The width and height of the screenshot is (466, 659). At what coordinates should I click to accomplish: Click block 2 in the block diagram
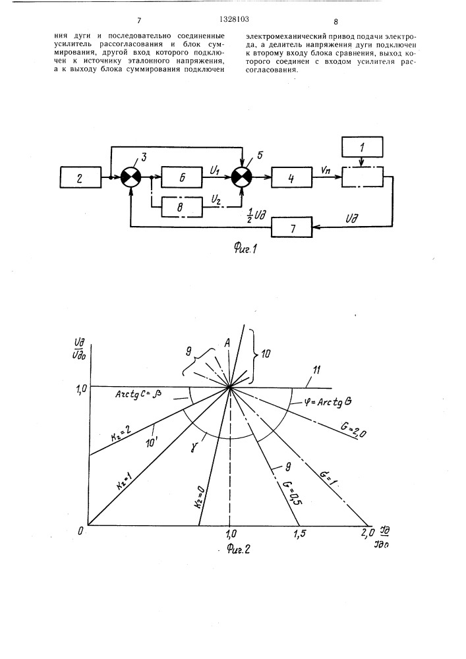[x=80, y=177]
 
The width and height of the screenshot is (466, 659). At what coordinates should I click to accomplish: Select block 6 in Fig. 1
[x=182, y=177]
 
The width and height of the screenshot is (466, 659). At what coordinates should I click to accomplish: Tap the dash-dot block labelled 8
[x=182, y=207]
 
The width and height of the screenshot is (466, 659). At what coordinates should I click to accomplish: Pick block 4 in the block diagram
[x=291, y=177]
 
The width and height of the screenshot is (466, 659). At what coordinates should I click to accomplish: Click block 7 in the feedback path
[x=291, y=227]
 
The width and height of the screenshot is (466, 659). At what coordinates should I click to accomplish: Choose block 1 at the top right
[x=363, y=147]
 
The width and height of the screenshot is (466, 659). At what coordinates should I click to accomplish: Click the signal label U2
[x=216, y=200]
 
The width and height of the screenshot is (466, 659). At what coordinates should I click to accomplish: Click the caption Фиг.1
[x=245, y=249]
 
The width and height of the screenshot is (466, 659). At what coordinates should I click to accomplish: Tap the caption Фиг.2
[x=238, y=548]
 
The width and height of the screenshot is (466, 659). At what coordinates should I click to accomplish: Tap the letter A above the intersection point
[x=227, y=343]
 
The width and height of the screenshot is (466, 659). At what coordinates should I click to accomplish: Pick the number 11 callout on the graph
[x=316, y=370]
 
